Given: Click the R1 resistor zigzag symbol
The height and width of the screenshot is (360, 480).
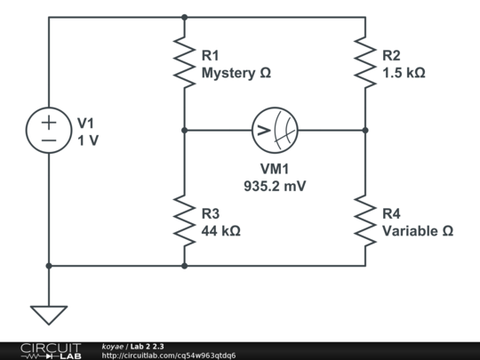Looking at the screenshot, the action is [184, 62].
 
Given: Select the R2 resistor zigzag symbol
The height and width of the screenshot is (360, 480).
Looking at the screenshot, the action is [365, 62].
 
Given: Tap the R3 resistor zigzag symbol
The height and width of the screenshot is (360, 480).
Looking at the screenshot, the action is [184, 220].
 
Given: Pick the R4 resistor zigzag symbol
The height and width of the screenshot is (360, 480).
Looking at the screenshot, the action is [365, 220].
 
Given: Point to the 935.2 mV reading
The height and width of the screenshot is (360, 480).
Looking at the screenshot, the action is [275, 186].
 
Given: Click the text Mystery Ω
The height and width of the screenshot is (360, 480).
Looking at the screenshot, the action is [236, 74].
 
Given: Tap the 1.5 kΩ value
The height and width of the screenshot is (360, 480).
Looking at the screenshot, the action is [404, 73].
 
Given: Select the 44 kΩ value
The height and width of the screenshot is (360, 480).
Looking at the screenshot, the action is [220, 231].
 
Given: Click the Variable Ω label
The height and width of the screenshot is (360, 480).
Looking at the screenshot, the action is [418, 231].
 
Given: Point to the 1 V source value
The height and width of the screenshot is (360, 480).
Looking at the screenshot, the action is [88, 140].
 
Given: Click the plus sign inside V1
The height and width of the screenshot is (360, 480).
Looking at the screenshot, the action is [49, 123].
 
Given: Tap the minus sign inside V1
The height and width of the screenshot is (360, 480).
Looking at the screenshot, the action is [49, 140].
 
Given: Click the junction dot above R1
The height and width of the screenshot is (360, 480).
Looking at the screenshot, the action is [184, 18].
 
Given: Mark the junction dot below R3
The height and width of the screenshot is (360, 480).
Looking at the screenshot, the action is [184, 266].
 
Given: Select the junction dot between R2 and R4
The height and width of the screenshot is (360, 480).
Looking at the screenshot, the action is [365, 130].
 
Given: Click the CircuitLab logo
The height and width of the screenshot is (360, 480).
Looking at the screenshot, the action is [52, 351].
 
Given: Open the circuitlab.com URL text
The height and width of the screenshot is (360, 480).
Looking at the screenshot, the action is [169, 356].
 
